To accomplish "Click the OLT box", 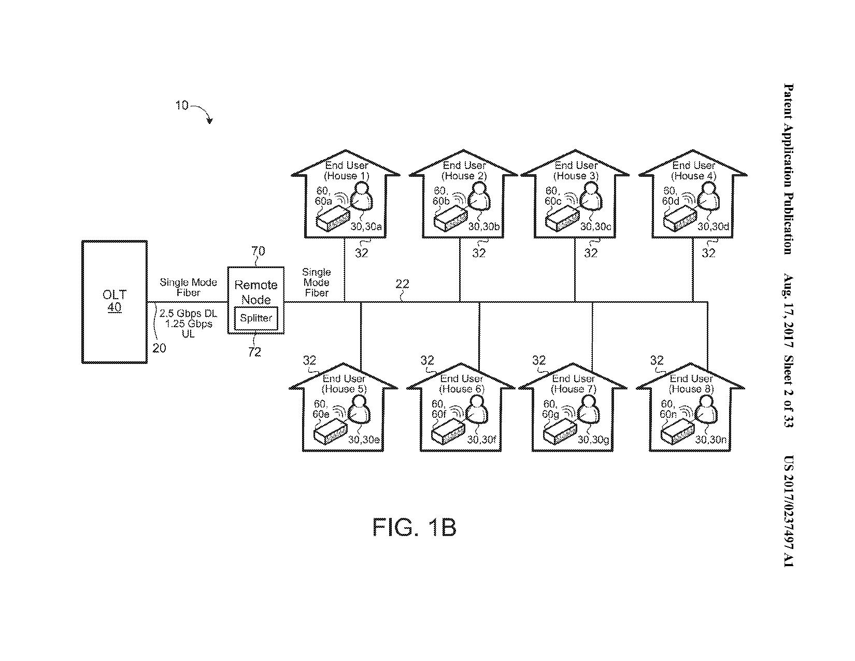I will point(115,301).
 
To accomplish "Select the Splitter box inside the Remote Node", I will point(256,318).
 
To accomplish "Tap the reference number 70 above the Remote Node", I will point(258,251).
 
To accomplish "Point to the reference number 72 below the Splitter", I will point(254,352).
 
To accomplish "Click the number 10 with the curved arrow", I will point(181,106).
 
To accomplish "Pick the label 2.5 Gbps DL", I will point(188,314).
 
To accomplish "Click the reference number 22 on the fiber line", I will point(402,284).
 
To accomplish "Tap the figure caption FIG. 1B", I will point(414,528).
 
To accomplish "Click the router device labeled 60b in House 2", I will point(450,220).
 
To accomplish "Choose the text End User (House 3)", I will point(576,171).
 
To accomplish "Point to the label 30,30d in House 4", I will point(713,227).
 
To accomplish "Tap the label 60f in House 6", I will point(439,414).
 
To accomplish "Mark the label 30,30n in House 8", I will point(711,440).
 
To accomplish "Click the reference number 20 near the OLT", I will point(160,348).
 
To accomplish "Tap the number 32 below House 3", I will point(591,253).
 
